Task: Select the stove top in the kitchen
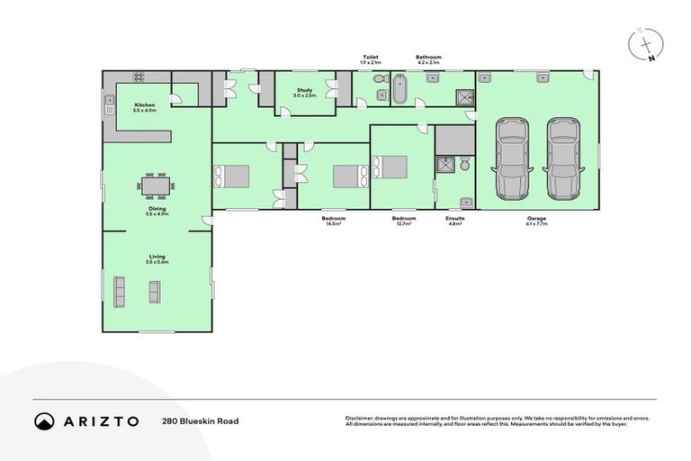(x=139, y=77)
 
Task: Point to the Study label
(x=304, y=91)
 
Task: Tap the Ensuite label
(x=454, y=218)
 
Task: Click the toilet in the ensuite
(x=463, y=165)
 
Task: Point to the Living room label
(x=157, y=258)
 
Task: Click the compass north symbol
(x=647, y=43)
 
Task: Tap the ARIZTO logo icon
(x=44, y=420)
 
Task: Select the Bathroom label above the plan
(x=428, y=57)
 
